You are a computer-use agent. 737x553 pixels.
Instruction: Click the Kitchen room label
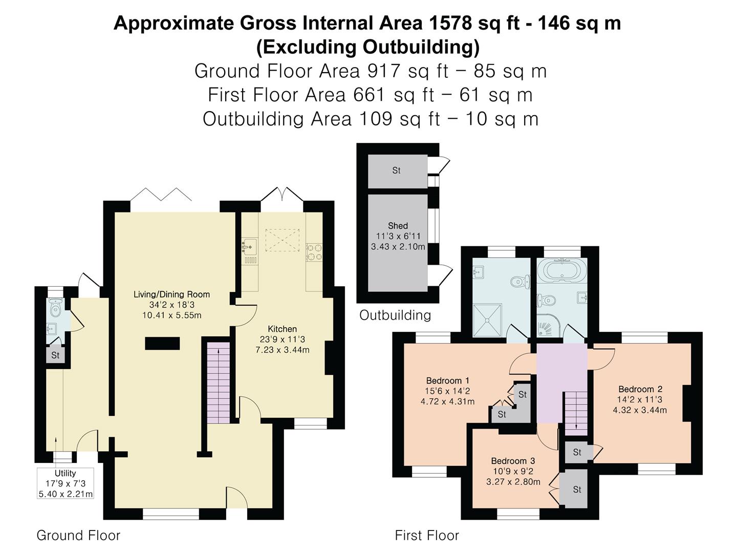point(282,329)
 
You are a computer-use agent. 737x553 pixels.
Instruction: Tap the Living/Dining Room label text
point(171,294)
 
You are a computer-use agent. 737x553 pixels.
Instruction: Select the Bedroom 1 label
point(447,381)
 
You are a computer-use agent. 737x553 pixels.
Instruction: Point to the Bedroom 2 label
point(640,389)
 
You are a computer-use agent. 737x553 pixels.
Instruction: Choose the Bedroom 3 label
point(513,461)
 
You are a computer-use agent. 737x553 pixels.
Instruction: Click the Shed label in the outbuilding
point(398,226)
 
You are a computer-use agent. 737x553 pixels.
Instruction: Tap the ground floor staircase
point(218,383)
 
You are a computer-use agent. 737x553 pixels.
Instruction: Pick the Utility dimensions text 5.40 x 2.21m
point(66,494)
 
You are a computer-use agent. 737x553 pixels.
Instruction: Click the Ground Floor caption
point(78,535)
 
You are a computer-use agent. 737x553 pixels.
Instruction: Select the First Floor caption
point(427,535)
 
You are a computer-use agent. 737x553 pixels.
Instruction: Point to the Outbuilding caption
point(395,315)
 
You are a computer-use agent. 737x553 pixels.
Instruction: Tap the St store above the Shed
point(398,171)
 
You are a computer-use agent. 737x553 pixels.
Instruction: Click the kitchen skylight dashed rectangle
point(283,240)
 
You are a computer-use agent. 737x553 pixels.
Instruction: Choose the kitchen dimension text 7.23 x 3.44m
point(283,350)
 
